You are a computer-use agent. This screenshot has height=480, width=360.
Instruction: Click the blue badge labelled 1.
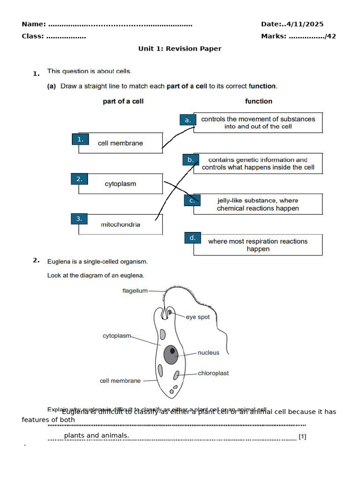click(80, 139)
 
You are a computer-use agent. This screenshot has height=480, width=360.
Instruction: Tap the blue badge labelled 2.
click(79, 179)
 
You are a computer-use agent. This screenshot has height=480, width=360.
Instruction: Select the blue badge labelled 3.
click(79, 218)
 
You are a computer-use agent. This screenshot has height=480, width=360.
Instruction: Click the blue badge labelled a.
click(187, 120)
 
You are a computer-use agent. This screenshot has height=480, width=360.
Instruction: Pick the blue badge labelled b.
click(190, 160)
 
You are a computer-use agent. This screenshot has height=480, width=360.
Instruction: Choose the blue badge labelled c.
click(192, 200)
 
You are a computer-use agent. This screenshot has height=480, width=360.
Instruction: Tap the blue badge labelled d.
click(192, 238)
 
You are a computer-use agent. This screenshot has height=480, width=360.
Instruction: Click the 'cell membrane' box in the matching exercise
click(120, 143)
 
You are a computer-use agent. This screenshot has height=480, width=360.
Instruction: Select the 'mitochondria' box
click(120, 225)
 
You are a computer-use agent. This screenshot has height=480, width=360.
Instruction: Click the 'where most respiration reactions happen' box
click(258, 245)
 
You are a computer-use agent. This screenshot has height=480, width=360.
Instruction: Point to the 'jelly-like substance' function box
click(258, 204)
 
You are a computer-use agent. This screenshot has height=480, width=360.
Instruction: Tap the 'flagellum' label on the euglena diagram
click(135, 291)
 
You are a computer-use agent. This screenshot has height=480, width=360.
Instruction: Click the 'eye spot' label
click(198, 317)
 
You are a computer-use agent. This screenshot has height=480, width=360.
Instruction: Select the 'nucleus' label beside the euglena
click(208, 352)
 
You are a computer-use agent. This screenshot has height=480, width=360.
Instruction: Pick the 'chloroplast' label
click(213, 373)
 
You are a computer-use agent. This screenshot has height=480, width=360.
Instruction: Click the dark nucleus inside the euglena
click(171, 354)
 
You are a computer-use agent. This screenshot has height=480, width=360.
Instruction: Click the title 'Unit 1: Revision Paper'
click(180, 49)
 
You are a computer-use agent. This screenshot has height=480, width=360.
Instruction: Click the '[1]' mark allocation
click(302, 437)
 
